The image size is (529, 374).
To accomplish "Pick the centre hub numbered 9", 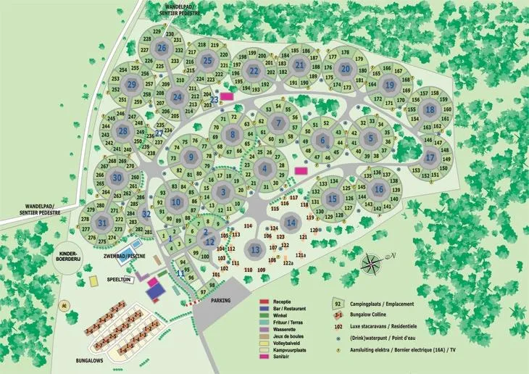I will (x=191, y=157).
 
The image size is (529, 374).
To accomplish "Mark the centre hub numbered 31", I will (x=103, y=223).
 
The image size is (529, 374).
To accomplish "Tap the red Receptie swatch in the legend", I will (x=265, y=300).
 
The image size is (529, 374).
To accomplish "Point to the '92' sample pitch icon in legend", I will (x=338, y=304).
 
